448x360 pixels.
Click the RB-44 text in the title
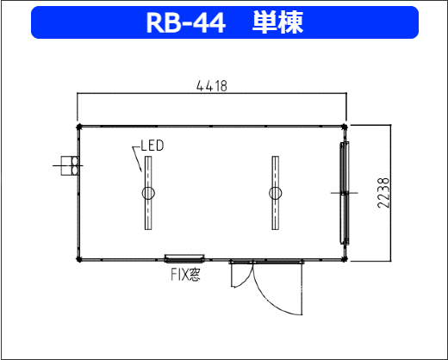pyautogui.click(x=186, y=22)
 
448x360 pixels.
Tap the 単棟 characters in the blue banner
pyautogui.click(x=277, y=22)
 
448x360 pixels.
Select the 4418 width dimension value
pyautogui.click(x=212, y=86)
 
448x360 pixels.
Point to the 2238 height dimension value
pyautogui.click(x=383, y=193)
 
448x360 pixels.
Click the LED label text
pyautogui.click(x=152, y=146)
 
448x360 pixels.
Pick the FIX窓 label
pyautogui.click(x=185, y=275)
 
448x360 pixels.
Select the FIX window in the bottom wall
pyautogui.click(x=184, y=258)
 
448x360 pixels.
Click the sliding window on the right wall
pyautogui.click(x=345, y=193)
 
